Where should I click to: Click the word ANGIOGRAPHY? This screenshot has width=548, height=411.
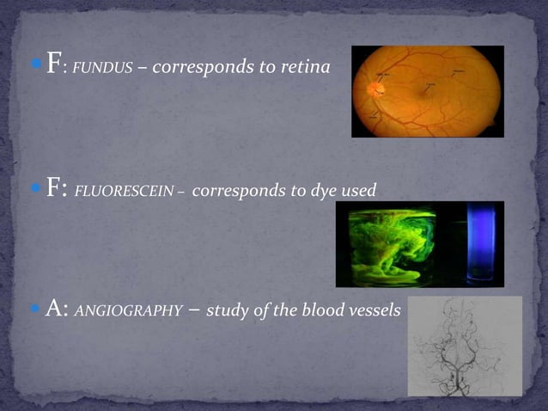129,311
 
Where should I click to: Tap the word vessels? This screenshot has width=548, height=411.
372,310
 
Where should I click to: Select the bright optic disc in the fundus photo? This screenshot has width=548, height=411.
375,87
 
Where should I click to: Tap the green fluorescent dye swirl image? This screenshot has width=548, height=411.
393,245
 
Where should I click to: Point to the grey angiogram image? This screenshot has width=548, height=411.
464,346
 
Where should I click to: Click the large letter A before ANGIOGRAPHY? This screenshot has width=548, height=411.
56,309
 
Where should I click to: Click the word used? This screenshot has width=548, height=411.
358,190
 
